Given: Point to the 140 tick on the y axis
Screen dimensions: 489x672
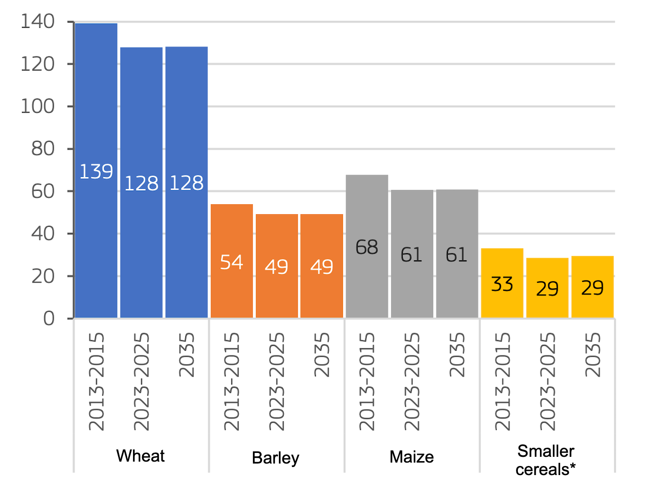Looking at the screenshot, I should (x=37, y=22).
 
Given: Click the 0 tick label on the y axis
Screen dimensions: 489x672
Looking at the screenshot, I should (x=48, y=318).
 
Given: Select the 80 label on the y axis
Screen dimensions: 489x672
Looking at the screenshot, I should (x=43, y=149).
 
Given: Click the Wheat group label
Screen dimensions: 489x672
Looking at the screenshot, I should (x=140, y=456).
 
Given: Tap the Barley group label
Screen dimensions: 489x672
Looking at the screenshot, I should (x=276, y=458).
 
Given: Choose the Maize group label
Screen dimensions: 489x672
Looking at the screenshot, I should (x=411, y=457).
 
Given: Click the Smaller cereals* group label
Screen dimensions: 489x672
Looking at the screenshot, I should (x=546, y=460).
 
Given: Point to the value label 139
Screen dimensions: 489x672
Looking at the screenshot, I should (x=96, y=171).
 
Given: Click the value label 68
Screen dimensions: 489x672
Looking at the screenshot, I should (x=367, y=247).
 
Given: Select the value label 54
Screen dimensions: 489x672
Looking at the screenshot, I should (x=231, y=262).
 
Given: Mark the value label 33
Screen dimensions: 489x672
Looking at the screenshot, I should (x=502, y=284).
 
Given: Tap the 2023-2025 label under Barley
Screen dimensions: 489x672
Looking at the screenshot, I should (x=276, y=381).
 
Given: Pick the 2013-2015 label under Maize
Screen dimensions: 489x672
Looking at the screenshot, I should (x=367, y=381).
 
